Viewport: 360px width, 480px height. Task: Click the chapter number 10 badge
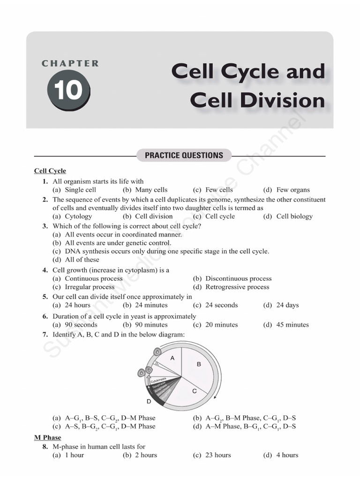coord(67,90)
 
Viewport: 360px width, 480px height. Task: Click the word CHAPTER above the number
coord(70,63)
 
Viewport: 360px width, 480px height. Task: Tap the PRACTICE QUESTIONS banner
coord(184,155)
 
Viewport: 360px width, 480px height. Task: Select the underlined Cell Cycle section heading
coord(50,171)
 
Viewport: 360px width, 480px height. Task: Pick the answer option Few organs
coord(293,190)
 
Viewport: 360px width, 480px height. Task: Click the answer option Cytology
coord(78,216)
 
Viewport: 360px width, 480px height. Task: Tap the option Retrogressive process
coord(237,287)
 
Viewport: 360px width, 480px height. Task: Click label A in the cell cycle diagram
coord(172,358)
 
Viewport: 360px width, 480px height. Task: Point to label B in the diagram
coord(198,364)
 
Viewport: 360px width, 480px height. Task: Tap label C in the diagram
coord(194,390)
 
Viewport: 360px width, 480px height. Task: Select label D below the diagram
coord(149,401)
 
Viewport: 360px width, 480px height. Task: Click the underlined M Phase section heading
coord(48,438)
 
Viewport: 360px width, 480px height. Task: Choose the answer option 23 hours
coord(218,455)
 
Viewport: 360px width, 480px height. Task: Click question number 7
coord(45,335)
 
